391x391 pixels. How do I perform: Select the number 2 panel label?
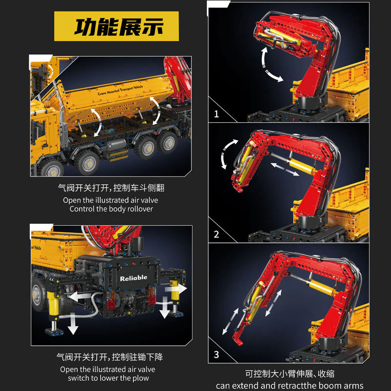pyautogui.click(x=216, y=234)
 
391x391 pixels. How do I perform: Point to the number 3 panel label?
pyautogui.click(x=216, y=354)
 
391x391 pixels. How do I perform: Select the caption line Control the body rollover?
pyautogui.click(x=111, y=209)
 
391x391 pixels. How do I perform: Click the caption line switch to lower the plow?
pyautogui.click(x=111, y=378)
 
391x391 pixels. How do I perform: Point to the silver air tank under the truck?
pyautogui.click(x=117, y=146)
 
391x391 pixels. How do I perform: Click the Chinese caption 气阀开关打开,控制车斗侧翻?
pyautogui.click(x=111, y=188)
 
